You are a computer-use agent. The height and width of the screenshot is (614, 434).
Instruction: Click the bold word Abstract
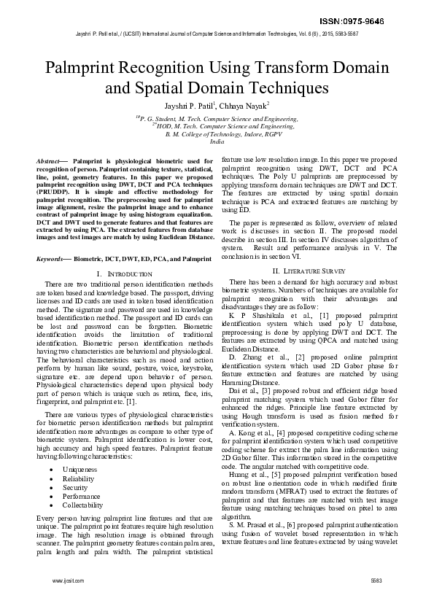pos(50,160)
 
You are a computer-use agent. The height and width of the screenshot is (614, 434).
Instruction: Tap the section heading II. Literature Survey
pos(309,271)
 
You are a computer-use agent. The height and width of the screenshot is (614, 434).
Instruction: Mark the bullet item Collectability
pos(82,505)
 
